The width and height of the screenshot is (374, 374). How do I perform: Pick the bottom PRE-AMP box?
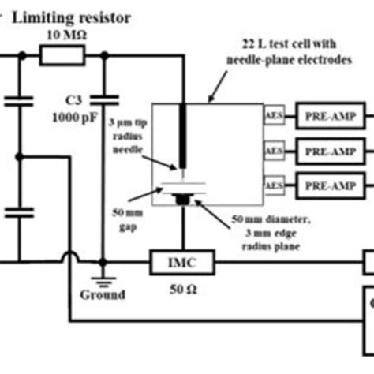coord(325,185)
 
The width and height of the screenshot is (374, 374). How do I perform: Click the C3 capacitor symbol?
coord(102,99)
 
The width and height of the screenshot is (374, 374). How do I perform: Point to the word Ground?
coord(103,295)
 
